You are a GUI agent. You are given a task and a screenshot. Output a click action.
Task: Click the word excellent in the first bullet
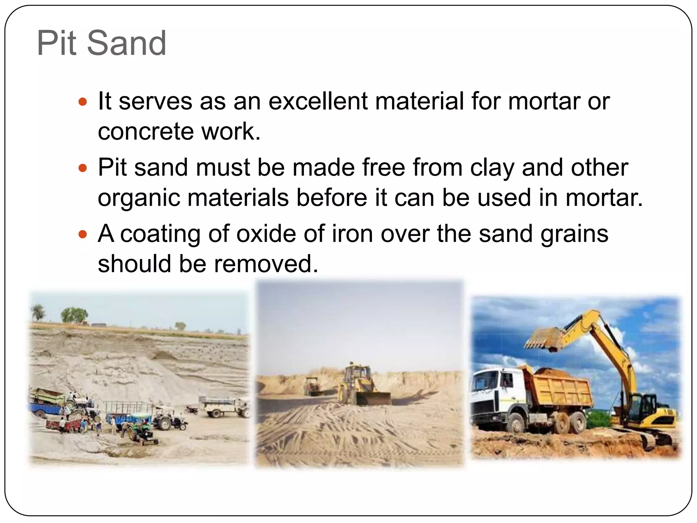click(318, 101)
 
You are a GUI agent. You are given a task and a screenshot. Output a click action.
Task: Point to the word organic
click(139, 198)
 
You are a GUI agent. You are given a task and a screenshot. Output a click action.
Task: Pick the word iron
click(352, 234)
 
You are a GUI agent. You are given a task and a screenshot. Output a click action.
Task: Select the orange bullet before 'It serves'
click(83, 101)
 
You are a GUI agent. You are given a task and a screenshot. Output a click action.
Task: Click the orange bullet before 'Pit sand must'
click(83, 168)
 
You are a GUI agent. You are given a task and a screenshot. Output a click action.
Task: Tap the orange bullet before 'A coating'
click(83, 234)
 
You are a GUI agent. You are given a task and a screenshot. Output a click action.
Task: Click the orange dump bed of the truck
click(558, 388)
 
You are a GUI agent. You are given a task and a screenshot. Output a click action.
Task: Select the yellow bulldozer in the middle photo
click(361, 388)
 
